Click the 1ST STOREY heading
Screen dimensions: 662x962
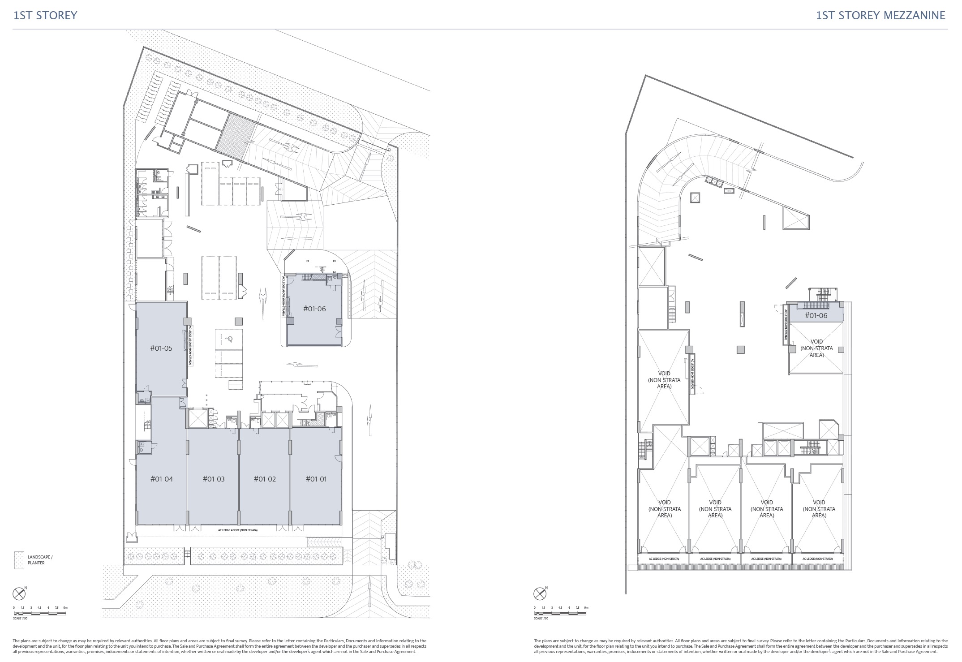tap(45, 15)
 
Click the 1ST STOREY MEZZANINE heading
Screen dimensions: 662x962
tap(880, 15)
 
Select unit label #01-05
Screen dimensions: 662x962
tap(161, 348)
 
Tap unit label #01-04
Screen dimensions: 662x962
tap(161, 479)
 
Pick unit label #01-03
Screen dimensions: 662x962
tap(214, 479)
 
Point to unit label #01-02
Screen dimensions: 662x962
tap(265, 479)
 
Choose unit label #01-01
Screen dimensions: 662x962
tap(316, 479)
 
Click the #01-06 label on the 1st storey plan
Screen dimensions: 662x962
tap(314, 309)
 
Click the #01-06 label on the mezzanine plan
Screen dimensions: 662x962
tap(816, 315)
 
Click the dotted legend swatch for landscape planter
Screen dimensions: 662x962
tap(19, 560)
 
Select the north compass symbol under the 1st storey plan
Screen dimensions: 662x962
tap(19, 594)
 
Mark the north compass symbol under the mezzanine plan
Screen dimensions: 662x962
tap(540, 594)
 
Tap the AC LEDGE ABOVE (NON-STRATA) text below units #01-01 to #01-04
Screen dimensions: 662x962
tap(237, 530)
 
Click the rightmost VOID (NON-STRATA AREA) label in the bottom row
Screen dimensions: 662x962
tap(819, 509)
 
